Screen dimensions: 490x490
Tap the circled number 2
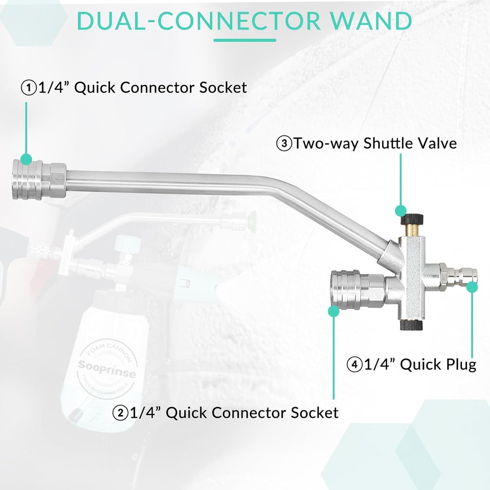click(120, 412)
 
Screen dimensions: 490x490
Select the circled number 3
click(284, 144)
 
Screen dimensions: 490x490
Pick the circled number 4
click(354, 365)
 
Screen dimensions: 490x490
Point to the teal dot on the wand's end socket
click(27, 159)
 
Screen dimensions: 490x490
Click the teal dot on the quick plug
click(472, 287)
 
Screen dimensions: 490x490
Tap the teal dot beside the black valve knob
click(400, 210)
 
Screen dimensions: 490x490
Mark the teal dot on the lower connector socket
click(334, 311)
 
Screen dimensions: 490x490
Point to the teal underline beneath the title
click(245, 41)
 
